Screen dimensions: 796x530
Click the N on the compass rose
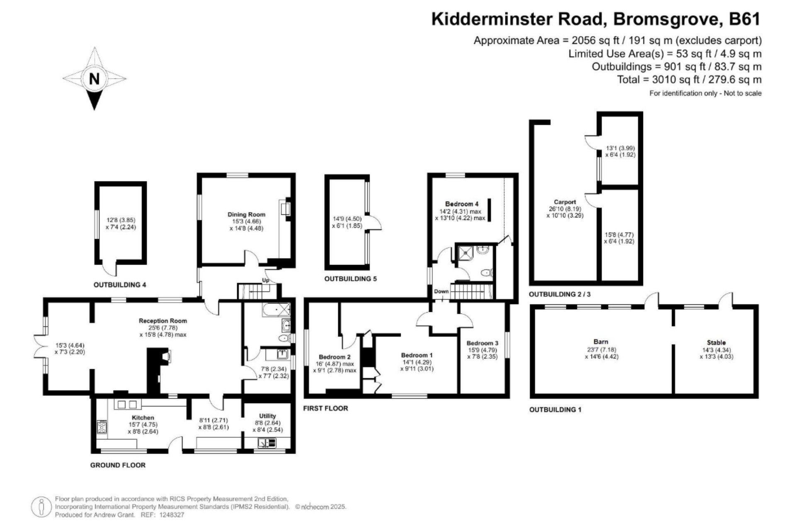(x=95, y=78)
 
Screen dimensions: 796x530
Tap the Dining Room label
(x=246, y=214)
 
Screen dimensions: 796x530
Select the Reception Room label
(x=163, y=320)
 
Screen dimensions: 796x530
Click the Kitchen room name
(x=143, y=418)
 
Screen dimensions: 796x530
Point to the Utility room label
(x=267, y=416)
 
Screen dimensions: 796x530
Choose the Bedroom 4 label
(x=462, y=204)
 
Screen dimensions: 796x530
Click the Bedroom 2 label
(x=335, y=357)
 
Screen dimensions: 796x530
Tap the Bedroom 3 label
(x=483, y=343)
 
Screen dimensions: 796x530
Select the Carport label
(x=565, y=202)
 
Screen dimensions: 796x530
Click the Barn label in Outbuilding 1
(x=601, y=342)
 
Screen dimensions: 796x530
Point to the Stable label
(x=716, y=342)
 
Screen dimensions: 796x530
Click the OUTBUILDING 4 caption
(x=120, y=285)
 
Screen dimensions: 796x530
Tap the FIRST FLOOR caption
(x=325, y=408)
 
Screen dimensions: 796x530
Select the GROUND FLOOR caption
(x=118, y=465)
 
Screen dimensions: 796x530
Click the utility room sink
(x=267, y=443)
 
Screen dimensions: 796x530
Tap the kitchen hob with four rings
(x=102, y=427)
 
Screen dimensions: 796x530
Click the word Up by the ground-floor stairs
(x=266, y=280)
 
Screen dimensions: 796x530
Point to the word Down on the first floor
(x=441, y=291)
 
